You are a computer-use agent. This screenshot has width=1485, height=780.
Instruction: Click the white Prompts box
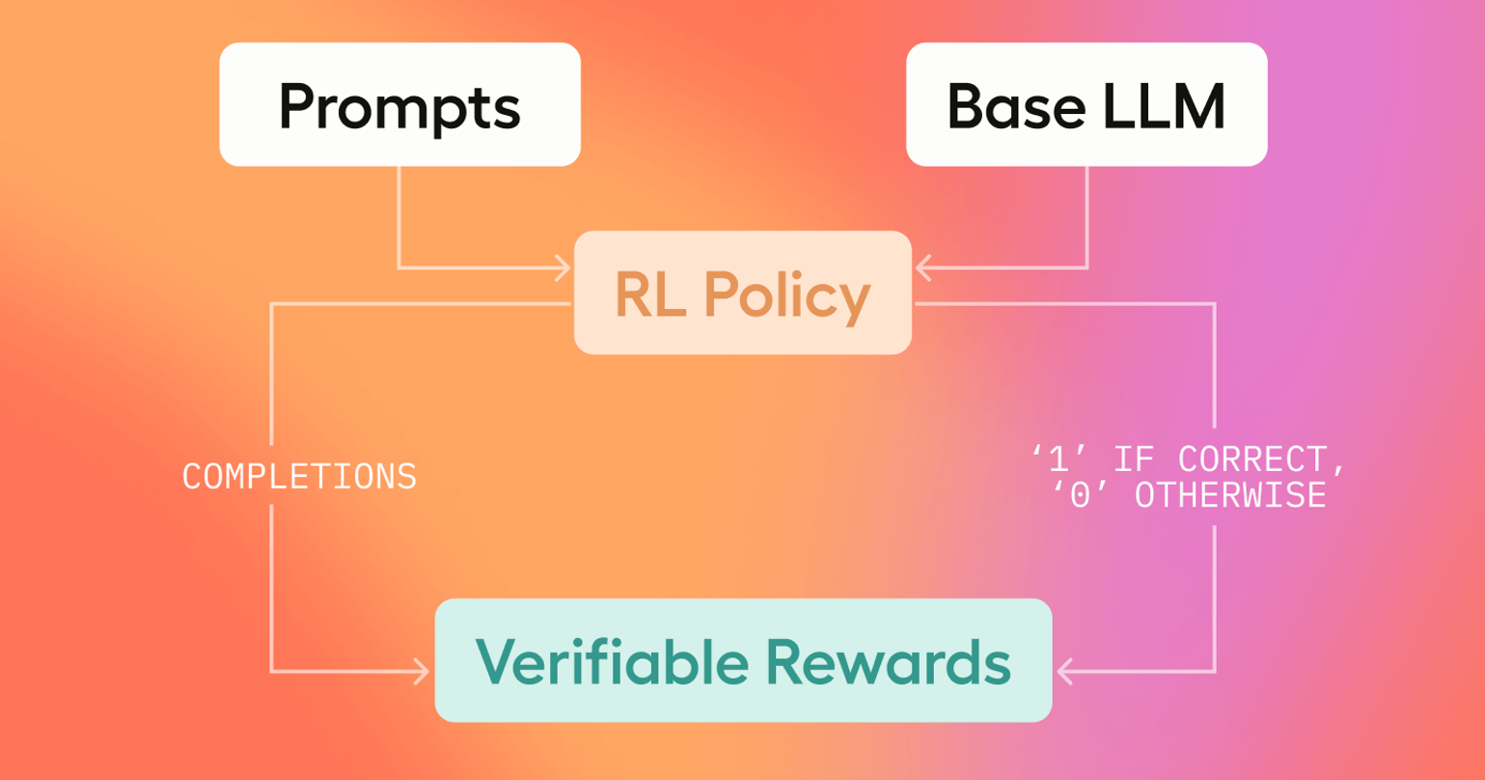[399, 104]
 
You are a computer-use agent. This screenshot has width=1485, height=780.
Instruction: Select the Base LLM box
[1086, 104]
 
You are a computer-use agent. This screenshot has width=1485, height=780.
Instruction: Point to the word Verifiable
[611, 661]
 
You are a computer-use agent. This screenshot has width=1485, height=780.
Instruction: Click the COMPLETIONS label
[299, 477]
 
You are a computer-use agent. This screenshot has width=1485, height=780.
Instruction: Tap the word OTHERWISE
[1229, 496]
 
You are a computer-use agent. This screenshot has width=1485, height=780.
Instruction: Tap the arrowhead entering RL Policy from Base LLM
[922, 268]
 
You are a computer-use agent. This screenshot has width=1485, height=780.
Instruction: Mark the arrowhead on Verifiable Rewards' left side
[422, 671]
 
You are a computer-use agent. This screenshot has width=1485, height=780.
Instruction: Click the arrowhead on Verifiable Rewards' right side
[1065, 671]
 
